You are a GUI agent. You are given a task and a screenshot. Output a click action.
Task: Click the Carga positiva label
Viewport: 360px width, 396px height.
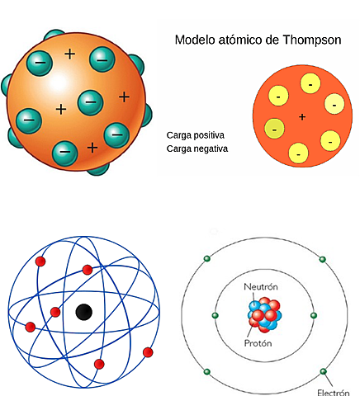pyautogui.click(x=196, y=134)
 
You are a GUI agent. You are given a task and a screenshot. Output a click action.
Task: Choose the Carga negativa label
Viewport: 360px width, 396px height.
pyautogui.click(x=197, y=149)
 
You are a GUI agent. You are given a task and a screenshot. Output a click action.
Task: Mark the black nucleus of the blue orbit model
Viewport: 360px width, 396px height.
pyautogui.click(x=83, y=312)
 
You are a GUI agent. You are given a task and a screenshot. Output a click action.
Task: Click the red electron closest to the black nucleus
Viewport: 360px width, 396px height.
pyautogui.click(x=55, y=312)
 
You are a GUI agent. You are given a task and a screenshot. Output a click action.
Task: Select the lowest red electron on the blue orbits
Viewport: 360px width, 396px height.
pyautogui.click(x=99, y=364)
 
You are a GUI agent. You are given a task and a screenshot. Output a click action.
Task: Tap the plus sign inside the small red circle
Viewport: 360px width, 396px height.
pyautogui.click(x=302, y=117)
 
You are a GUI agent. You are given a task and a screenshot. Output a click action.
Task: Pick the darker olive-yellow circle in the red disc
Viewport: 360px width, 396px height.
pyautogui.click(x=272, y=129)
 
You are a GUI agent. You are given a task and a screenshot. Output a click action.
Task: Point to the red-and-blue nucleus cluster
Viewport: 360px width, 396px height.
pyautogui.click(x=265, y=316)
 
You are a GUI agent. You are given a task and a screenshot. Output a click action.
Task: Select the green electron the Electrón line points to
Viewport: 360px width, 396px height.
pyautogui.click(x=323, y=372)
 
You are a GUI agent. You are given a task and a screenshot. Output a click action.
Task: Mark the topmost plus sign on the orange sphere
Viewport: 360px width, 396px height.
pyautogui.click(x=69, y=54)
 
